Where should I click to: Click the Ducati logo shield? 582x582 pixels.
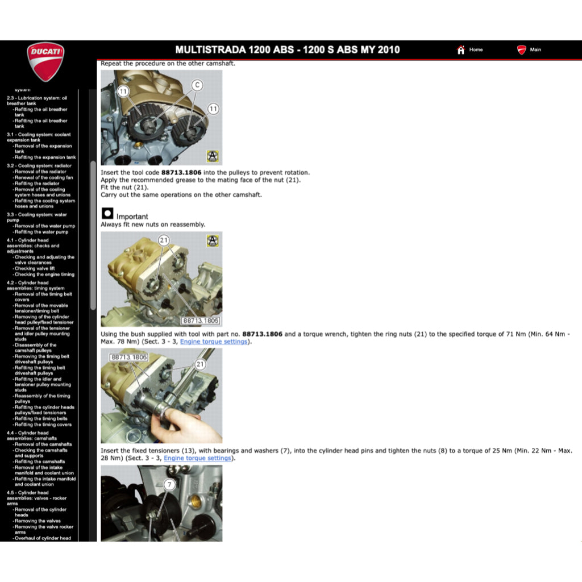45,61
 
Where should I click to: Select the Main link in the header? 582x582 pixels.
535,50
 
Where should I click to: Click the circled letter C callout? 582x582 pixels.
197,85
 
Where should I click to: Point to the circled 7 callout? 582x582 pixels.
169,485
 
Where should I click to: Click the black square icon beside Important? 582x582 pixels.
107,214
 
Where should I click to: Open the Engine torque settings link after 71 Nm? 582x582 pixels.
214,342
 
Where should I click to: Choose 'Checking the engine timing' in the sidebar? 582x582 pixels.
44,274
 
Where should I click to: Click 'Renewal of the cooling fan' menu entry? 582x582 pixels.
44,177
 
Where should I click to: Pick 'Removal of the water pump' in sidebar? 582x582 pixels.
44,226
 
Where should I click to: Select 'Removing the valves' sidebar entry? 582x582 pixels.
38,521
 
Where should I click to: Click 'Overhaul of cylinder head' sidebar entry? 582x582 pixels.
43,538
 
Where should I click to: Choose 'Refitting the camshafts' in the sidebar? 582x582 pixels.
40,462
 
